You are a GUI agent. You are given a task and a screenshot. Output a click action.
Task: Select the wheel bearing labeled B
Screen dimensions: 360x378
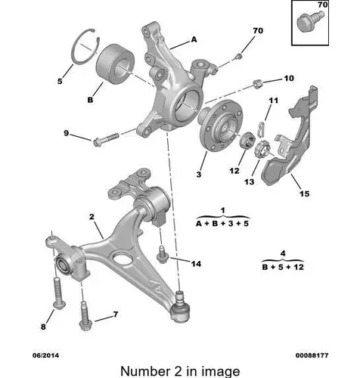[116, 64]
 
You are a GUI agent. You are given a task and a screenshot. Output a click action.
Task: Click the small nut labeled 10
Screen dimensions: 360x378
[258, 84]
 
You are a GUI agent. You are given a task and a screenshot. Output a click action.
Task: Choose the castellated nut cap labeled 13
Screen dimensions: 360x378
[262, 150]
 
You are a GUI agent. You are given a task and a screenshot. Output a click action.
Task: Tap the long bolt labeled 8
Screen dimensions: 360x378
[57, 293]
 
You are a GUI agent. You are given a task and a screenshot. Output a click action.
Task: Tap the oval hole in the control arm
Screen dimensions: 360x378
[123, 258]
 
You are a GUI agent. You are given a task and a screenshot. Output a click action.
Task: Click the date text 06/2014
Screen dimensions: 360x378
[45, 355]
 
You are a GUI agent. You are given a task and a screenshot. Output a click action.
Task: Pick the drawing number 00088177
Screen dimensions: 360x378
[312, 355]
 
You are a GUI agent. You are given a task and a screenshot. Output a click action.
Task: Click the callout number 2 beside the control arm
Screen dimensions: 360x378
[92, 216]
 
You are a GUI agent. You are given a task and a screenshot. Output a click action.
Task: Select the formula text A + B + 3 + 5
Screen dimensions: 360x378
[222, 224]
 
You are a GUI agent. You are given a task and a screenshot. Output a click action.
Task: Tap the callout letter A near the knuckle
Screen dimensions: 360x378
[194, 39]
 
